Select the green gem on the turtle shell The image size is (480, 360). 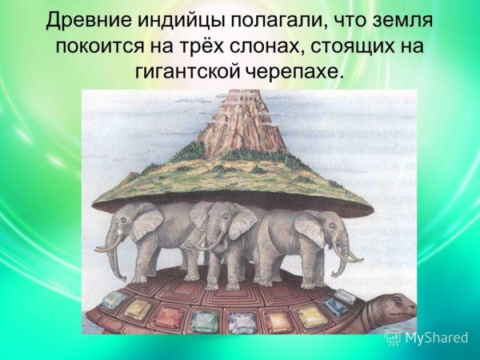point(203,321)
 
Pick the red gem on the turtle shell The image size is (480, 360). point(167,316)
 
